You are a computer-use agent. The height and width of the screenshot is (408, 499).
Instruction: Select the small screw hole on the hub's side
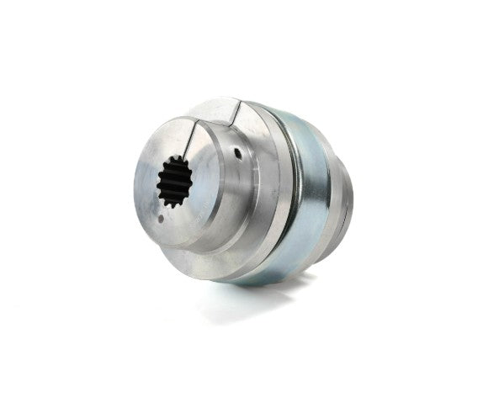[x=238, y=154]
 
